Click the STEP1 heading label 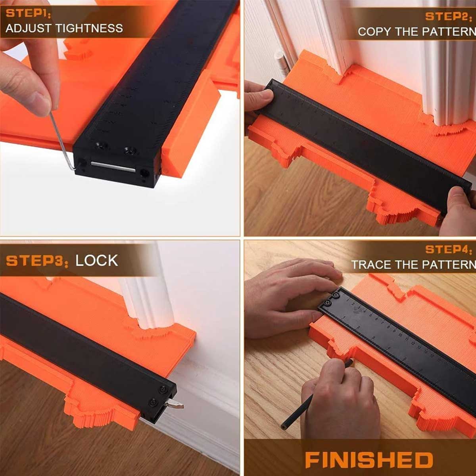pyautogui.click(x=28, y=14)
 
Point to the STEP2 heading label pyautogui.click(x=450, y=16)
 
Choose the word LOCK pyautogui.click(x=96, y=261)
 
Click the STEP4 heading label pyautogui.click(x=450, y=249)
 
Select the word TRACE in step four pyautogui.click(x=368, y=265)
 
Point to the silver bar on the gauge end pyautogui.click(x=113, y=167)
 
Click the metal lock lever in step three pyautogui.click(x=175, y=405)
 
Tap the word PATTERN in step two pyautogui.click(x=449, y=32)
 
